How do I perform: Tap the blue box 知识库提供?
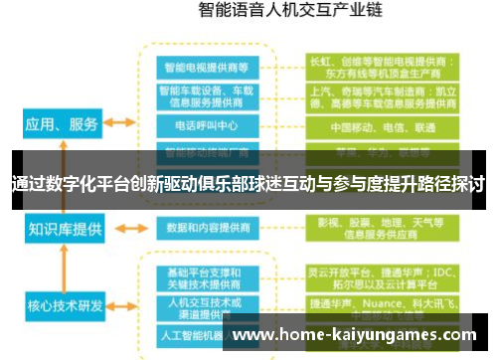coord(64,229)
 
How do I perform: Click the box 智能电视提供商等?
coord(207,67)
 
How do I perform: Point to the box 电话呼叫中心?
coord(207,126)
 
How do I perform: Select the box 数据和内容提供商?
coord(207,228)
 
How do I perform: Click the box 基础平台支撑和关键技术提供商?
coord(207,277)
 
